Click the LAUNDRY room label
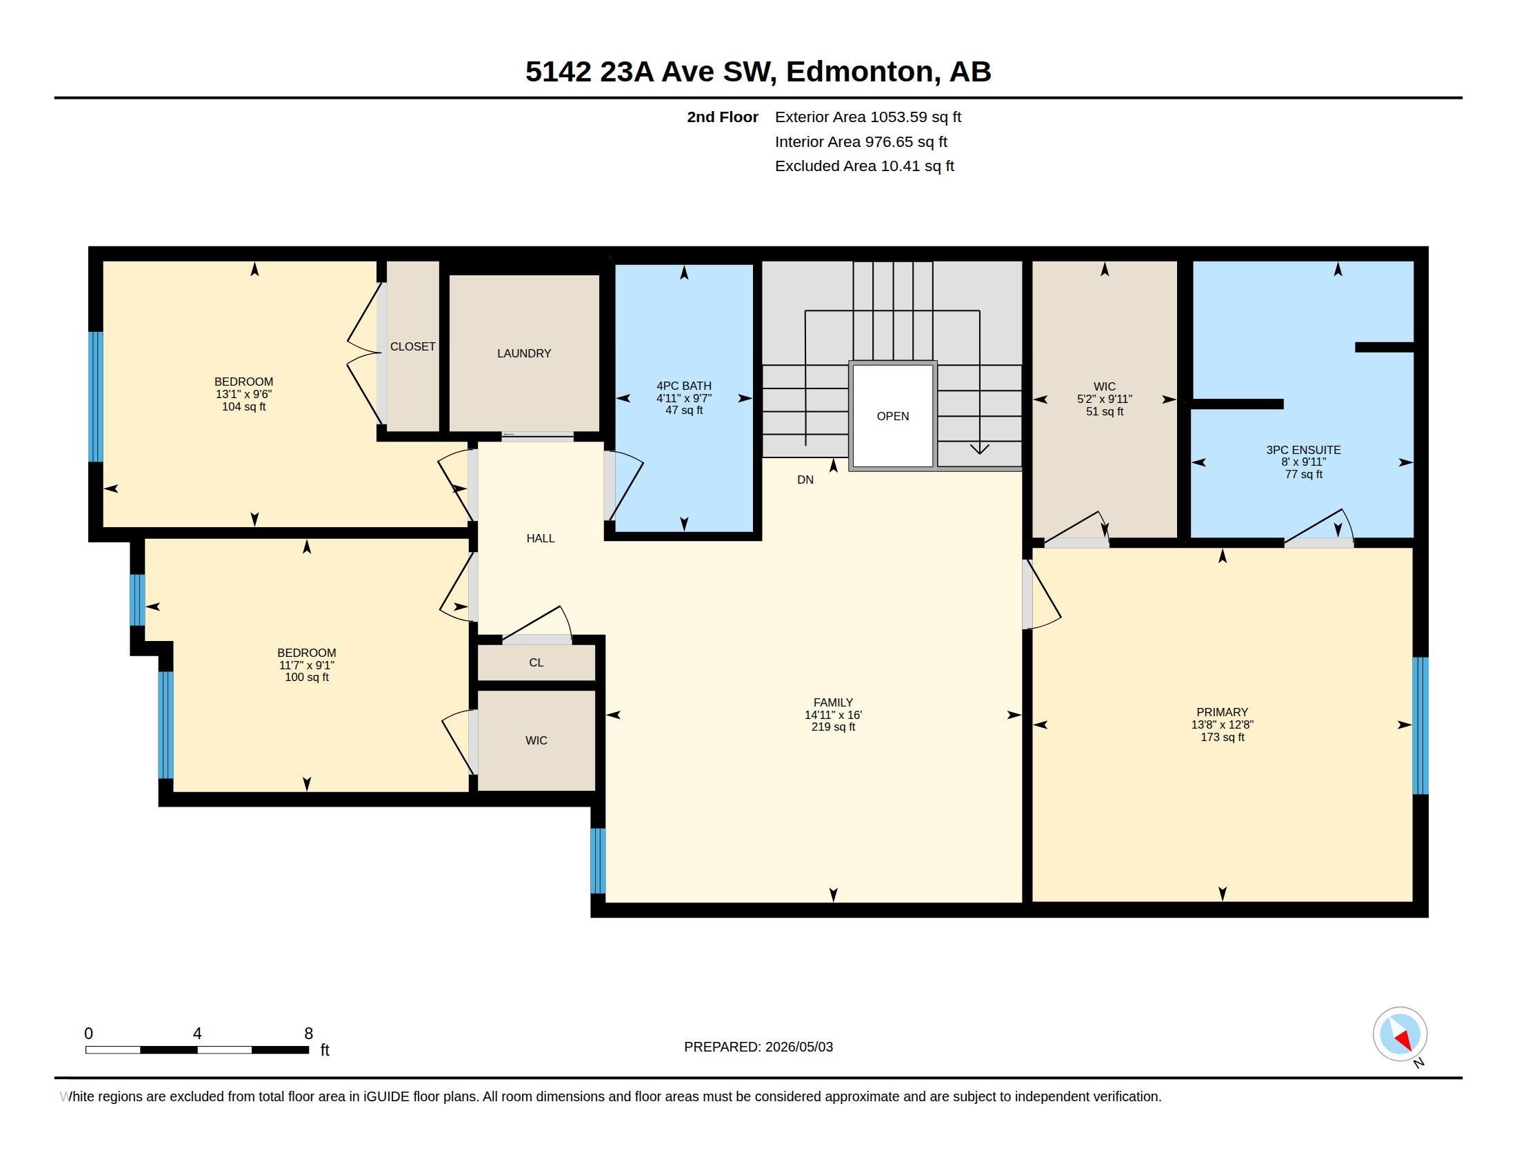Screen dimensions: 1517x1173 524,354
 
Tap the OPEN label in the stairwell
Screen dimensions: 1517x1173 892,416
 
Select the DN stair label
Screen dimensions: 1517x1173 805,480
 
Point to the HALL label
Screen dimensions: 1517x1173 541,538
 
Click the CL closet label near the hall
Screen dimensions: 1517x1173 536,662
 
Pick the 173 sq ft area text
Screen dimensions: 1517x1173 1223,737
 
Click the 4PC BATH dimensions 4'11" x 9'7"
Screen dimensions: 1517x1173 684,398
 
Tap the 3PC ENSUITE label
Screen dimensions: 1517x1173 1303,450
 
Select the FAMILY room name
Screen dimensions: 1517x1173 833,702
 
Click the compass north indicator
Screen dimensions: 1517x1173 1400,1034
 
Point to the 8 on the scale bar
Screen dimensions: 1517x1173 308,1034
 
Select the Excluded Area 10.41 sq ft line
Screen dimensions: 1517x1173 865,166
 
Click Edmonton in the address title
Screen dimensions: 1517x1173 859,72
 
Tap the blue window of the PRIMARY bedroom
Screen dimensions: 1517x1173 1420,725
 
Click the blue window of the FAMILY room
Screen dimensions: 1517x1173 598,860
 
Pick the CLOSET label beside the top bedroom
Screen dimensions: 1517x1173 412,346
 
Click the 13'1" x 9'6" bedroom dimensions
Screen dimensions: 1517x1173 244,394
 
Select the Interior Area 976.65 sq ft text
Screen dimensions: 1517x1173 861,141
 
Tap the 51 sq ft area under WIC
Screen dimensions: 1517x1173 1105,411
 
